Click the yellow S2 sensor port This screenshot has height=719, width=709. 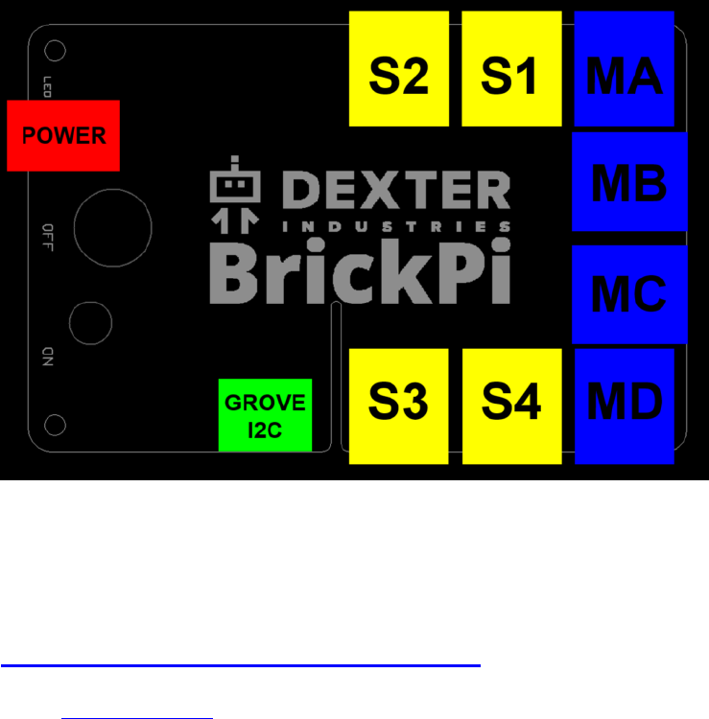coord(399,69)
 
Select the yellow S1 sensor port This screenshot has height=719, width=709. coord(510,69)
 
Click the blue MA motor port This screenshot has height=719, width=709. coord(624,69)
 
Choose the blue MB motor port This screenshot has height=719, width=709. coord(629,182)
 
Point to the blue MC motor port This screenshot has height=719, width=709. coord(629,294)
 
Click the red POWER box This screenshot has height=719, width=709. coord(63,135)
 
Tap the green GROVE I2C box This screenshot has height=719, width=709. coord(266,415)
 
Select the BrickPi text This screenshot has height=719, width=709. coord(359,272)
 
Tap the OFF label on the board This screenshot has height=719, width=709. coord(48,235)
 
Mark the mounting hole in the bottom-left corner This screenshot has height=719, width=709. coord(56,424)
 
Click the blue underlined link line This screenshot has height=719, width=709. coord(240,664)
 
